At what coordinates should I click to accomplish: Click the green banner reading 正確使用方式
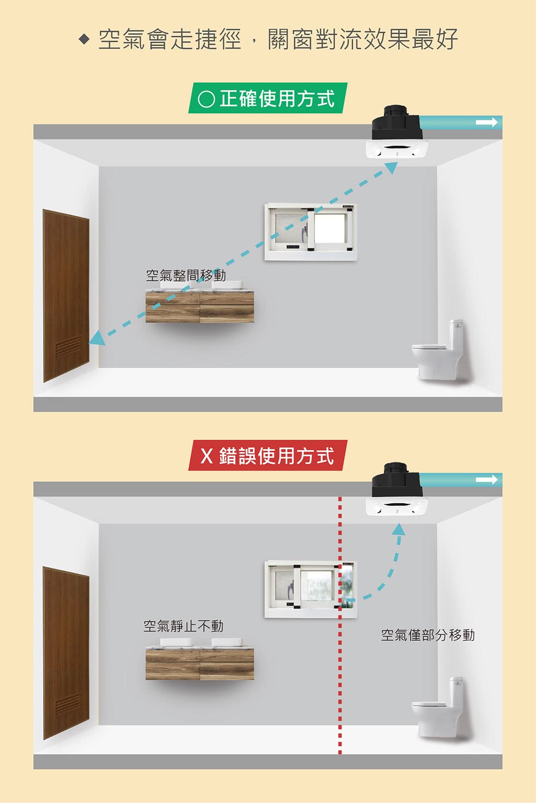(x=268, y=98)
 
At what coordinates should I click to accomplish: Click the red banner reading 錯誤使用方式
(x=268, y=455)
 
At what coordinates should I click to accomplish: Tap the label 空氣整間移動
(x=186, y=275)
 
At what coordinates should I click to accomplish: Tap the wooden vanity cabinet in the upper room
(x=199, y=307)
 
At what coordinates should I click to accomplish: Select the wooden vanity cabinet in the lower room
(x=199, y=664)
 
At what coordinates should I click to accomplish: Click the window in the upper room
(x=311, y=232)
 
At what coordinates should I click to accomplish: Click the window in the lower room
(x=311, y=589)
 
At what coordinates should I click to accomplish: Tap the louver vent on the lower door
(x=68, y=704)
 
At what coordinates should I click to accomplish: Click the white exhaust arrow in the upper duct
(x=487, y=122)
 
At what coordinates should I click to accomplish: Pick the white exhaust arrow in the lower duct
(x=487, y=480)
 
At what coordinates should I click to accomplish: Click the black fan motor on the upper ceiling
(x=396, y=123)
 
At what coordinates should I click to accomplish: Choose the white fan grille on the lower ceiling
(x=397, y=506)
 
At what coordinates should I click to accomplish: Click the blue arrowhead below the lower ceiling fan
(x=398, y=530)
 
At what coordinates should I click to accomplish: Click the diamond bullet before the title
(x=84, y=40)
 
